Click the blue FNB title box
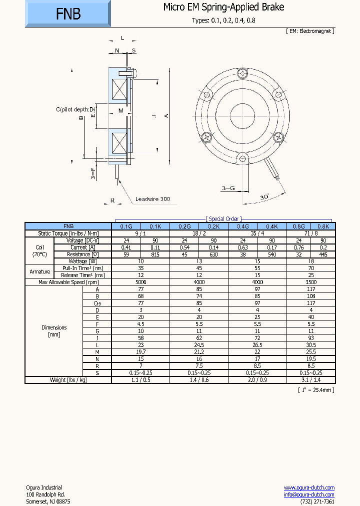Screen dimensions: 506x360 (67, 13)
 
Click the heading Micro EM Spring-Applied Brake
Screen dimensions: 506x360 (223, 7)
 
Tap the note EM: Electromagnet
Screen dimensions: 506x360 (310, 30)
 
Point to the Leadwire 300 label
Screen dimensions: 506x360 (152, 199)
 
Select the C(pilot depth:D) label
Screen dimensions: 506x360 (75, 109)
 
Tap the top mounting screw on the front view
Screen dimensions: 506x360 (242, 74)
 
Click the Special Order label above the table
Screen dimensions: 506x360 (223, 219)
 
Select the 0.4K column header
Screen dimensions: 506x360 (271, 226)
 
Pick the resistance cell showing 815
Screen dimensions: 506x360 (155, 254)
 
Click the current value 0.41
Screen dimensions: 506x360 (126, 247)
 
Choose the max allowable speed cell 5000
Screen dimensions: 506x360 (140, 282)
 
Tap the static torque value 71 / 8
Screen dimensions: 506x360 (310, 233)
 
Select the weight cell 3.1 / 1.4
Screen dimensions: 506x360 (310, 380)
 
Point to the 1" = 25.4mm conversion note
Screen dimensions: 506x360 (316, 389)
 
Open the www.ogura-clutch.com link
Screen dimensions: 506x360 (309, 487)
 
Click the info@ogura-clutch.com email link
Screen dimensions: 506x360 (309, 494)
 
